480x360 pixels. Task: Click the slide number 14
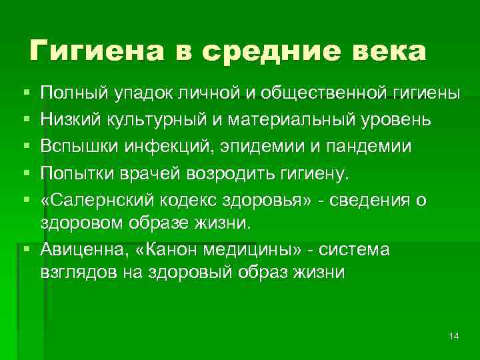pos(454,335)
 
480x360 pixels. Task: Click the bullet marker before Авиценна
pos(25,249)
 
